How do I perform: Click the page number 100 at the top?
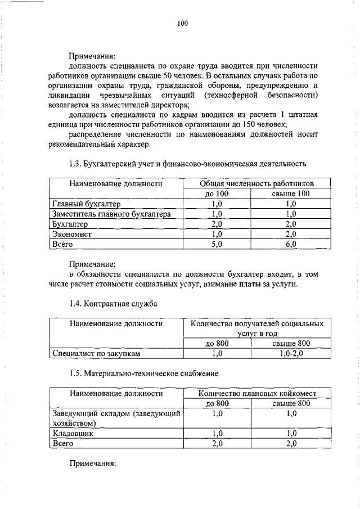pos(181,23)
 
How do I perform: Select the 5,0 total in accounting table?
pos(217,244)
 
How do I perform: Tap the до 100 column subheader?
pos(217,193)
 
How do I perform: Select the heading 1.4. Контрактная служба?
pos(113,304)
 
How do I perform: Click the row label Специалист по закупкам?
pos(96,354)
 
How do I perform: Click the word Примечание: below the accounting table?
pos(92,263)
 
